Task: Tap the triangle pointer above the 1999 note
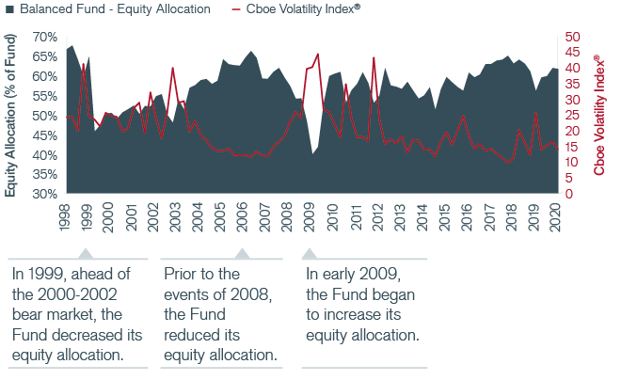(x=86, y=253)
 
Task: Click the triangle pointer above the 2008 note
(x=242, y=253)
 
